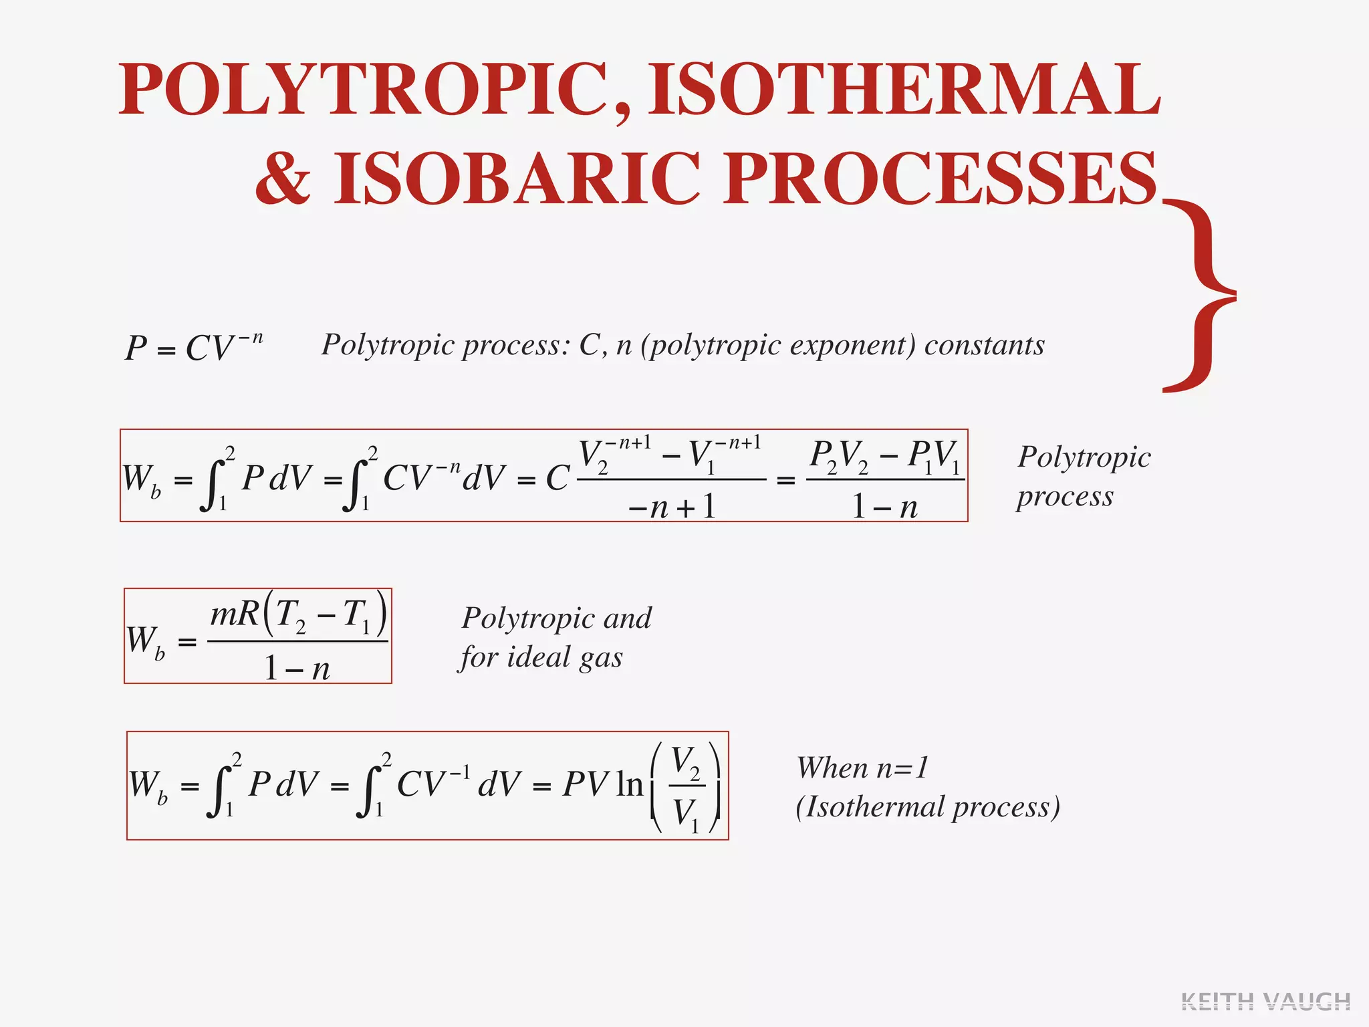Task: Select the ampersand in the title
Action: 283,179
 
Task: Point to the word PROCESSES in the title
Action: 940,179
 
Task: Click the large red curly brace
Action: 1200,294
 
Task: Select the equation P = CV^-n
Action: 194,347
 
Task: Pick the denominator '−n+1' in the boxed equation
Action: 672,507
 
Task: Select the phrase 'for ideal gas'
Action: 541,657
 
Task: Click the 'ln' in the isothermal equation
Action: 629,784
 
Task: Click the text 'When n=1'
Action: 862,768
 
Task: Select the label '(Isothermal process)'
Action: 928,807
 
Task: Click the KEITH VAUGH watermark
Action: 1265,1001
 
